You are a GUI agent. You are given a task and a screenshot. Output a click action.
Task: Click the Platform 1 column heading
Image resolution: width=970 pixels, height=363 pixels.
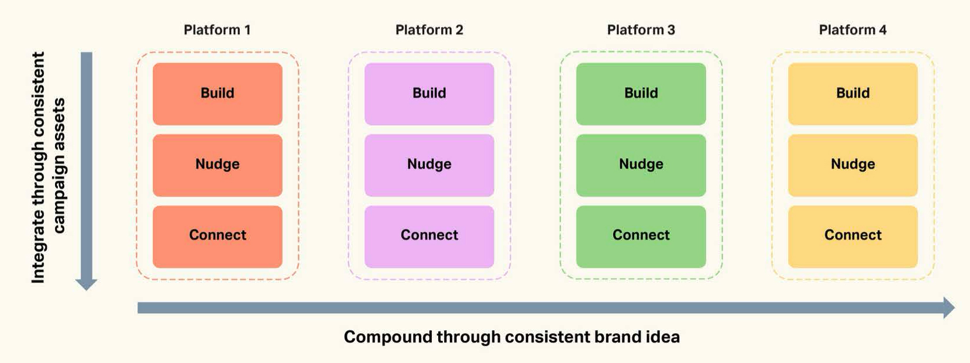pos(217,30)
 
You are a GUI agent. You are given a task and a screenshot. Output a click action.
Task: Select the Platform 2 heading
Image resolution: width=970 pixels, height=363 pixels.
pos(429,30)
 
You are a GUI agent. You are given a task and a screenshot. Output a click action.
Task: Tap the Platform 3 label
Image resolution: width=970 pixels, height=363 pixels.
pos(641,30)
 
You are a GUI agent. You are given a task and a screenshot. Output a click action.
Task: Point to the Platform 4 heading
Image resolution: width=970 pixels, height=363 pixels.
pos(852,30)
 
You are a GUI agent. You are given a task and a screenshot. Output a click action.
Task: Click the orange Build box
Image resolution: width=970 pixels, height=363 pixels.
pos(218,94)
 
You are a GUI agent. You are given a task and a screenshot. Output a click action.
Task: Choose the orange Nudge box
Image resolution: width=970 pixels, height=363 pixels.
pos(218,165)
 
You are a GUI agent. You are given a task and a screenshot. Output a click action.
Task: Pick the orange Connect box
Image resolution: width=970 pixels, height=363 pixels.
pos(218,237)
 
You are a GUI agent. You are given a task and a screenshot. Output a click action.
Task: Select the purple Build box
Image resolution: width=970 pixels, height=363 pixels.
pos(429,94)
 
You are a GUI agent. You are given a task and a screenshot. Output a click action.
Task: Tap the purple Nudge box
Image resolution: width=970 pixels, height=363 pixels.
pos(429,165)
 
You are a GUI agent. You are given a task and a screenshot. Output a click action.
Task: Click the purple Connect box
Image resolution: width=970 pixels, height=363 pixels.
pos(429,237)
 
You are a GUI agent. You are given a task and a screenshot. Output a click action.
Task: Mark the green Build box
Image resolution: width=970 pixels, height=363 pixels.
pos(641,94)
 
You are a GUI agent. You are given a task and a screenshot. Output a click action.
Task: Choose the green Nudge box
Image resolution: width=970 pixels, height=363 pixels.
pos(641,165)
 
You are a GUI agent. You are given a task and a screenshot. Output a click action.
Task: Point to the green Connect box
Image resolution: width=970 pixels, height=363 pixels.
pos(641,237)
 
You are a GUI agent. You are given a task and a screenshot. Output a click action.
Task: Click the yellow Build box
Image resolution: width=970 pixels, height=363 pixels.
pos(852,94)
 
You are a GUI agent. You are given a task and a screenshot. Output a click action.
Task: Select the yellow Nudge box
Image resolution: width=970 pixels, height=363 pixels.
pos(852,165)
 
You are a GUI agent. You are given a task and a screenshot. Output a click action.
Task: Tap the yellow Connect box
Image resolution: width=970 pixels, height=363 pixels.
pos(852,237)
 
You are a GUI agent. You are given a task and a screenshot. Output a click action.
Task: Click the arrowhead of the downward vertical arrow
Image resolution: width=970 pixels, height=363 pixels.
pos(86,290)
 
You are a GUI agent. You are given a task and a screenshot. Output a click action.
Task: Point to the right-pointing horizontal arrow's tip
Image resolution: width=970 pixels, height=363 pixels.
pos(954,307)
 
